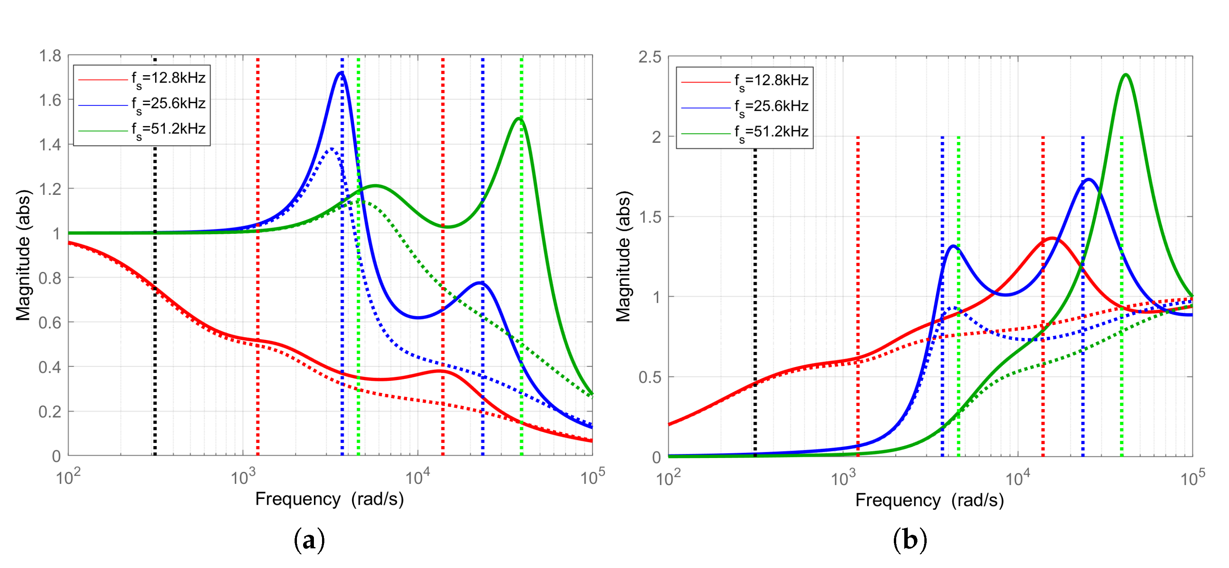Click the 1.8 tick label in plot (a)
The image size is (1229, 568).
coord(50,56)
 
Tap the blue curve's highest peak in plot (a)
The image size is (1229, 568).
coord(341,73)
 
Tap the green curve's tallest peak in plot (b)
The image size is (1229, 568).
coord(1126,75)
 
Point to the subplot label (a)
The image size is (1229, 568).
coord(309,540)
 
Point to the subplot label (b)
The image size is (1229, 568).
coord(910,540)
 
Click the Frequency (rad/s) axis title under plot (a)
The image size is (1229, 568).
coord(329,499)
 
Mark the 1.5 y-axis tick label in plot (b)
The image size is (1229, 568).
coord(650,217)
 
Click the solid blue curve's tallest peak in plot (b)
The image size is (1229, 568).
coord(1088,180)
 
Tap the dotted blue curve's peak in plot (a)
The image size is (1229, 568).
coord(332,149)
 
